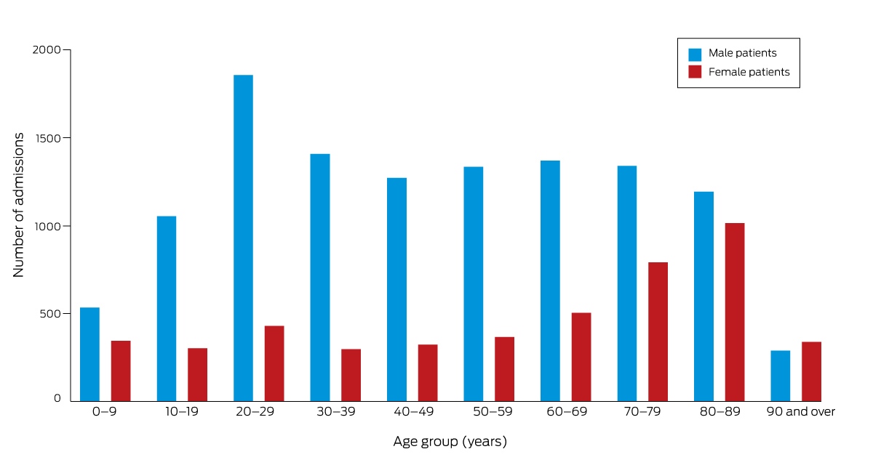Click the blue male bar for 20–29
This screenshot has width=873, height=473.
click(243, 238)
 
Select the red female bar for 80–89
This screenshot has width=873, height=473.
click(735, 312)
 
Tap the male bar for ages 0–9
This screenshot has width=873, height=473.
click(89, 355)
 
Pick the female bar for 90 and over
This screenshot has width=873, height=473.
click(811, 371)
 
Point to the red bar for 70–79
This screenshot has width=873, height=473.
click(658, 332)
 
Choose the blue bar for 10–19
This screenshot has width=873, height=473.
click(167, 308)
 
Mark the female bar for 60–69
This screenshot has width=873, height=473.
click(581, 357)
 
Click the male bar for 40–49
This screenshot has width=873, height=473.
click(396, 289)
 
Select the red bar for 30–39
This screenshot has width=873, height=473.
click(351, 375)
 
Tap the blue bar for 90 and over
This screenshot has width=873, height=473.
click(780, 376)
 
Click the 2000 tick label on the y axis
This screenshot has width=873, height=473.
click(47, 50)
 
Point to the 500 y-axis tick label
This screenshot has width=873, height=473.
click(50, 313)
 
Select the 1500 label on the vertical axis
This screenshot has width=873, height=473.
click(47, 138)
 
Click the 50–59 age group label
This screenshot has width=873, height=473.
click(493, 411)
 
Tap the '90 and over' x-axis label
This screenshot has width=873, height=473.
click(800, 411)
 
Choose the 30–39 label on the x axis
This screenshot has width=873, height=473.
click(336, 411)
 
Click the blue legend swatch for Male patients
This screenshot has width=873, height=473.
click(695, 54)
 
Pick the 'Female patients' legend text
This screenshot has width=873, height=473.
click(749, 72)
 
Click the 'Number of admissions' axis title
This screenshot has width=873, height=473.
click(18, 205)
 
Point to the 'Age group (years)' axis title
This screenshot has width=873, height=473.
click(450, 442)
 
